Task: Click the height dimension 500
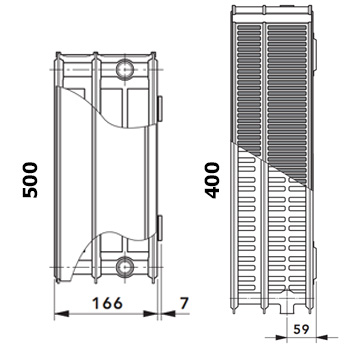(x=30, y=180)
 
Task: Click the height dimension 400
(x=213, y=180)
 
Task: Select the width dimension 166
(x=107, y=303)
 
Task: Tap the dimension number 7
(x=184, y=303)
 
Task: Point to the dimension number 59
(x=301, y=329)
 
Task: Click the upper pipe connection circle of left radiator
(x=125, y=69)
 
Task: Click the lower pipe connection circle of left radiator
(x=125, y=266)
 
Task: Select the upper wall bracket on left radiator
(x=160, y=109)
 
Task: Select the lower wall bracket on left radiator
(x=160, y=228)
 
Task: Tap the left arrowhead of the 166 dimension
(x=61, y=314)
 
